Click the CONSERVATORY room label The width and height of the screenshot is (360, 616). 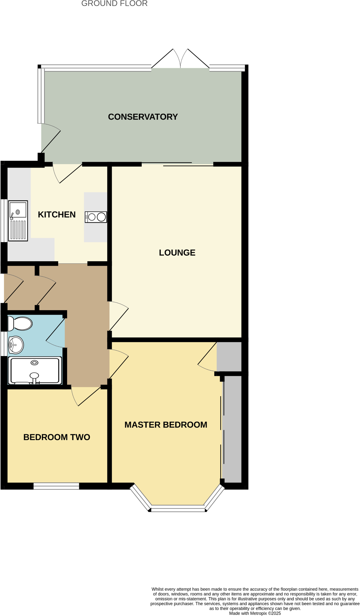[143, 117]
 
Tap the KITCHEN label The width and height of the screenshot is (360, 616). [57, 214]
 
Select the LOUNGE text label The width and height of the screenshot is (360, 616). [177, 253]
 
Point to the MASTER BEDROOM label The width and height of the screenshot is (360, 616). [166, 425]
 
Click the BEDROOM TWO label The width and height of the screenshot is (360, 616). [57, 437]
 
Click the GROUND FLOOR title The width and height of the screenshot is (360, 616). [114, 4]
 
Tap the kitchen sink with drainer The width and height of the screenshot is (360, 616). [18, 221]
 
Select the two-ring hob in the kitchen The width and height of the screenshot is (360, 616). [96, 217]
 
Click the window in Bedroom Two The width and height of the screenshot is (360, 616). [56, 486]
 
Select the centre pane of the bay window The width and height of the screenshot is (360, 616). [178, 508]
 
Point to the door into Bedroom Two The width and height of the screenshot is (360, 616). [86, 396]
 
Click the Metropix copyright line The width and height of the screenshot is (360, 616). [255, 613]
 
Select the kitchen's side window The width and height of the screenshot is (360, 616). [3, 221]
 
